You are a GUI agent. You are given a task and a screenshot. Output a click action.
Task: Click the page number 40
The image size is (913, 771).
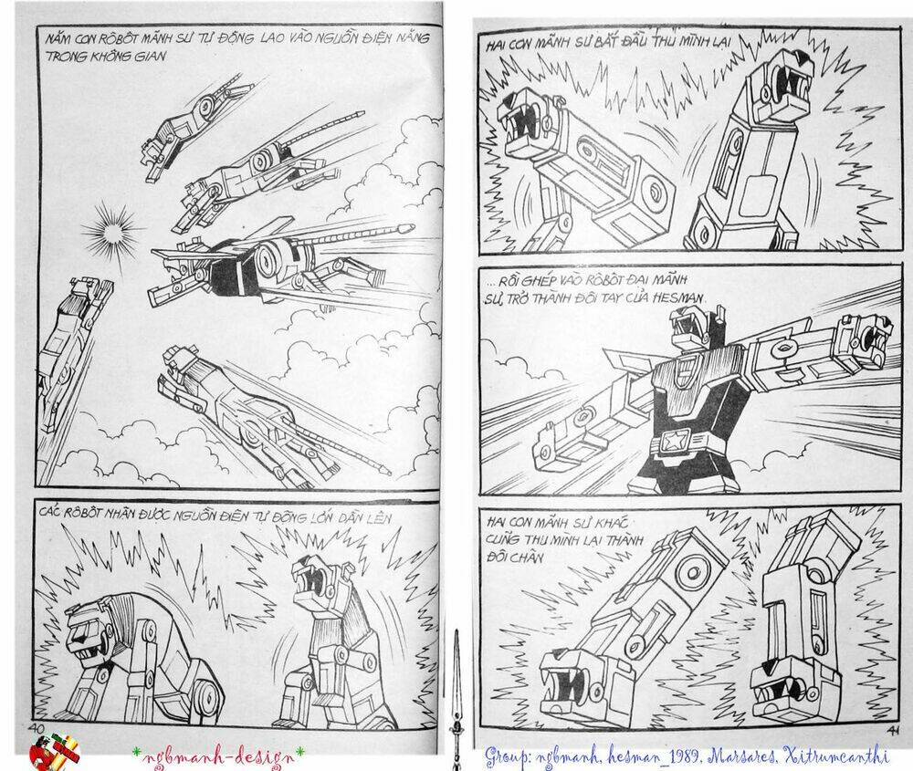tap(37, 726)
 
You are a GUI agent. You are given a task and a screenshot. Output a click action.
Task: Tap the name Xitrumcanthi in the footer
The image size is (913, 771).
tap(841, 755)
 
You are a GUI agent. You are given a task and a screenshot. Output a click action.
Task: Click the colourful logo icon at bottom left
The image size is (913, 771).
tap(55, 753)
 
